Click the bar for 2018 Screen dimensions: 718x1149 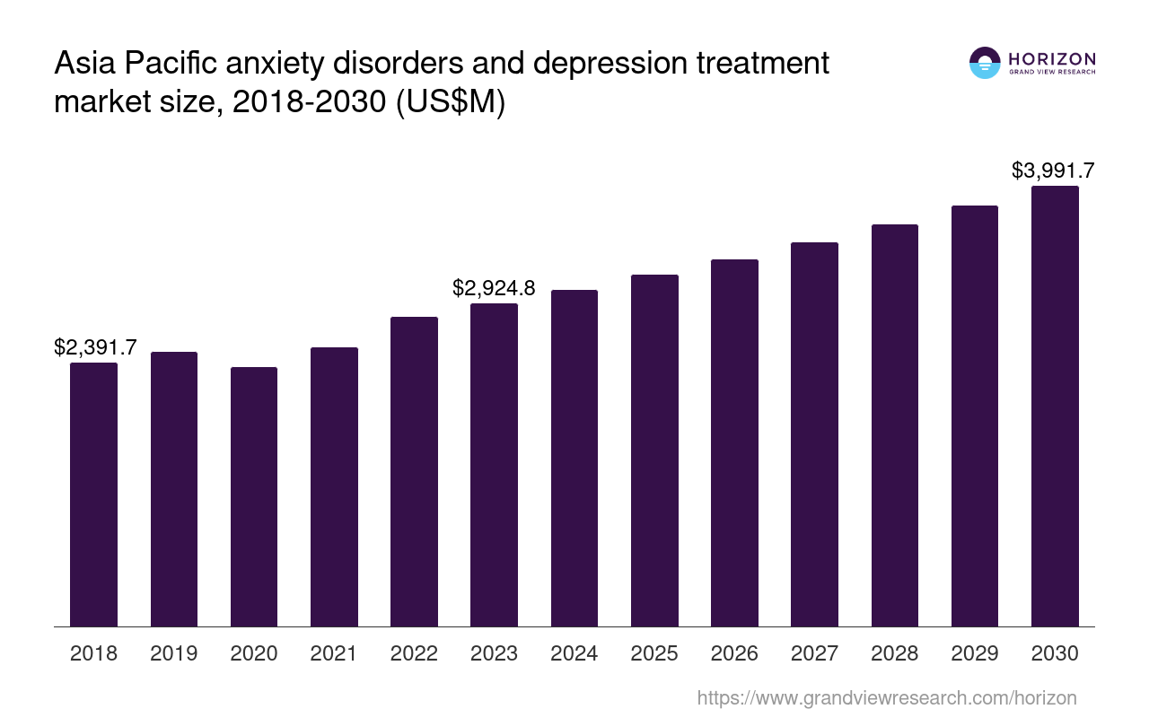pyautogui.click(x=93, y=494)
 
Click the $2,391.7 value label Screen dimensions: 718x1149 pyautogui.click(x=95, y=347)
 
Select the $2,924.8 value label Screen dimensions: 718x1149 pyautogui.click(x=494, y=288)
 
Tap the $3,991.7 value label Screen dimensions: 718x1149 pyautogui.click(x=1053, y=171)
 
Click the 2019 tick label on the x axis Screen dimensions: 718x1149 pyautogui.click(x=174, y=653)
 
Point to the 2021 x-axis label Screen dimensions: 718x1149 pyautogui.click(x=334, y=653)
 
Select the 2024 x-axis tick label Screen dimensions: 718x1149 pyautogui.click(x=574, y=653)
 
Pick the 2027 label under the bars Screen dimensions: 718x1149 pyautogui.click(x=814, y=653)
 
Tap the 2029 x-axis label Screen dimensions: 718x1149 pyautogui.click(x=975, y=653)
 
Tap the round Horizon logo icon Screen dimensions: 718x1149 pyautogui.click(x=985, y=63)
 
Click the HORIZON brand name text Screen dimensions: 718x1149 pyautogui.click(x=1052, y=59)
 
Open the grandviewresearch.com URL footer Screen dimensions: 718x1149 pyautogui.click(x=886, y=697)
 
